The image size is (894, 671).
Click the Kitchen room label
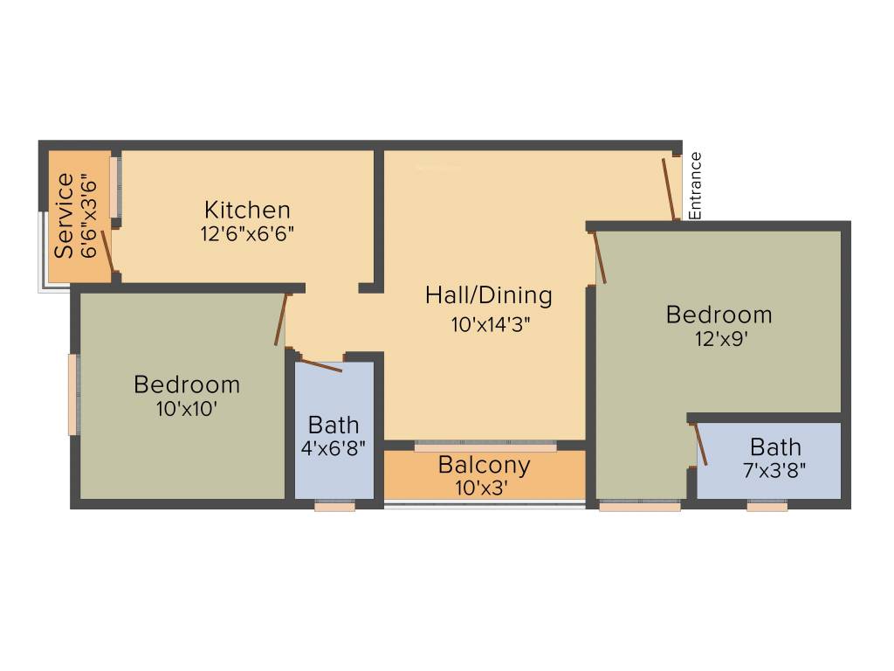point(247,210)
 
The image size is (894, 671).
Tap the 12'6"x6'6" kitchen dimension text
point(247,234)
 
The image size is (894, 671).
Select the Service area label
point(64,216)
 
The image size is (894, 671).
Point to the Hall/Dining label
point(489,295)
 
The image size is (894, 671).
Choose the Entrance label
point(696,186)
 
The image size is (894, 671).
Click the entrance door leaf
point(669,188)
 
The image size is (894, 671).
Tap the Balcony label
point(484,464)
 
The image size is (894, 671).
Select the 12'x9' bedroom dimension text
point(719,338)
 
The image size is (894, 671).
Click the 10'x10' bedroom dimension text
point(187,408)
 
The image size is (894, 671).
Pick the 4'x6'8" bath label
point(334,448)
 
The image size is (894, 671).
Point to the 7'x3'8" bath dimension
point(774,469)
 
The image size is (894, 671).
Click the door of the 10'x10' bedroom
point(281,321)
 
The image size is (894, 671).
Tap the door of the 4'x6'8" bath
point(320,364)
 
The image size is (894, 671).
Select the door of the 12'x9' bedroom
point(600,257)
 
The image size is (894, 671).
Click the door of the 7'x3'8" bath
point(700,445)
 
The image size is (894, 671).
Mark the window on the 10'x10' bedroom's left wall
point(73,394)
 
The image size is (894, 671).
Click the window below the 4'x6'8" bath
point(334,506)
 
